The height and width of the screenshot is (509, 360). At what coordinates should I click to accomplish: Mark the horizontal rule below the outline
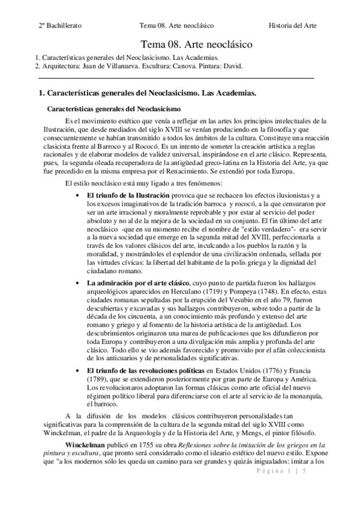176,78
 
